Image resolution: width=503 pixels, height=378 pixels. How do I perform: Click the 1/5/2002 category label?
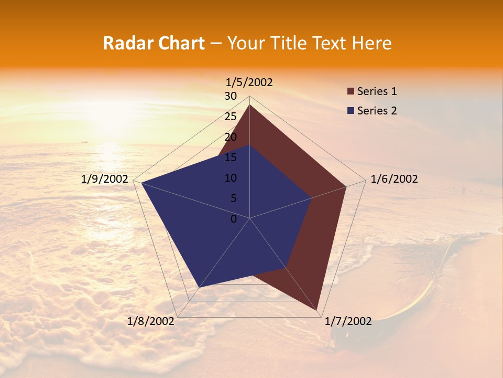click(x=249, y=82)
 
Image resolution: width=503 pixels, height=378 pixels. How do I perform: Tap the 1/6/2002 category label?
click(x=394, y=179)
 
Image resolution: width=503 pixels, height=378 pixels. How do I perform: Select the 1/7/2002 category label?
click(x=348, y=321)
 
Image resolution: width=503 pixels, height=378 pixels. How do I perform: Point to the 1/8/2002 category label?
click(x=151, y=321)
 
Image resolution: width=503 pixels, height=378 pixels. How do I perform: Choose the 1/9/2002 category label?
click(x=105, y=179)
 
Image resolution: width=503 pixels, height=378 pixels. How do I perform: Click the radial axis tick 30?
click(x=231, y=96)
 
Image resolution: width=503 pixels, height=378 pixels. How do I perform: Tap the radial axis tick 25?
click(x=231, y=117)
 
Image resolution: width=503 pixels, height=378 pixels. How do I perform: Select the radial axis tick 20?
click(x=231, y=137)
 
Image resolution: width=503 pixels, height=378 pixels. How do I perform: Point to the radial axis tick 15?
click(x=231, y=157)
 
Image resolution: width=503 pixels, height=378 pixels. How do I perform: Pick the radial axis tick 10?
click(x=231, y=178)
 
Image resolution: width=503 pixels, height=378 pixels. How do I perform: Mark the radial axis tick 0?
click(x=234, y=219)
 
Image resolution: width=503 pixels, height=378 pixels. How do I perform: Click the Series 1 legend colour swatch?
click(x=351, y=92)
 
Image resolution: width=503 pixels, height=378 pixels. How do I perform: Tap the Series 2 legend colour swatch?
click(x=351, y=111)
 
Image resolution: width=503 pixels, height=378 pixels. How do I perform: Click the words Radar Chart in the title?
click(x=154, y=43)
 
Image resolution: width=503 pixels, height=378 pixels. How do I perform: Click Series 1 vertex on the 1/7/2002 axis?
click(x=318, y=311)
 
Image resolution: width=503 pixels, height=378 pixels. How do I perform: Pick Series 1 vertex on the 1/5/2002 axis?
click(x=249, y=104)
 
